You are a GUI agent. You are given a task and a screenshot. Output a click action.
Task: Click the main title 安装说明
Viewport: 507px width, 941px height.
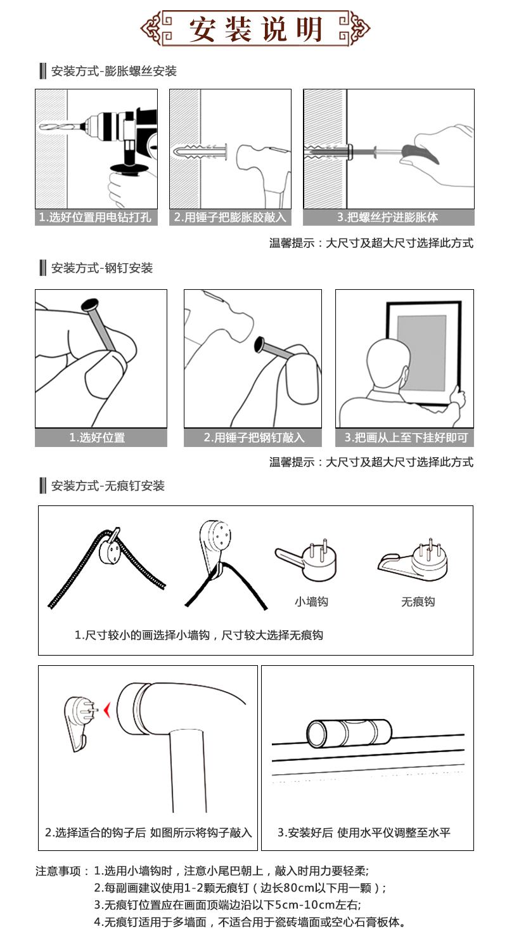click(x=255, y=29)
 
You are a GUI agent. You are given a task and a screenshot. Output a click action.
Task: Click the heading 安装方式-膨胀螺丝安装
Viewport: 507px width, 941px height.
click(x=113, y=71)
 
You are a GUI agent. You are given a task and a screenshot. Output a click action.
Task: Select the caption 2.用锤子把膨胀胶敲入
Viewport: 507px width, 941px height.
click(x=230, y=217)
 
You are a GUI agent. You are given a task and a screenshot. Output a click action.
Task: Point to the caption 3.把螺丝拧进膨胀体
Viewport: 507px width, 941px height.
click(x=388, y=217)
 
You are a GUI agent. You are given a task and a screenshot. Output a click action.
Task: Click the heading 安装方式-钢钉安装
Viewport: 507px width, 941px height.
click(x=102, y=268)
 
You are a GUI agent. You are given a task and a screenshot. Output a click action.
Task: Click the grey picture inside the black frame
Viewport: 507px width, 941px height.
click(x=421, y=353)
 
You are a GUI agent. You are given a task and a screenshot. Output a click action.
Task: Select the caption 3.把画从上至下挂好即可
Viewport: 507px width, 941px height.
click(x=406, y=438)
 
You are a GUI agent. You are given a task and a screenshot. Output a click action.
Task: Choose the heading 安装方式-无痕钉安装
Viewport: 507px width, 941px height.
click(x=108, y=486)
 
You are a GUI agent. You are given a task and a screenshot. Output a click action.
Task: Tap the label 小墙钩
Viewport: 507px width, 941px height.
click(x=311, y=602)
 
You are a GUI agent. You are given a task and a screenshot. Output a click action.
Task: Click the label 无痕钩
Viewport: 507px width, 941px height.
click(x=418, y=602)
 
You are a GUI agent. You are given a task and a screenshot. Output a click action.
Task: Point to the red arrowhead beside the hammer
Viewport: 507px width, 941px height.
click(x=107, y=710)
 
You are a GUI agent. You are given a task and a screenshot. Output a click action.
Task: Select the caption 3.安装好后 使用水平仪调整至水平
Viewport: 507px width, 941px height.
click(x=364, y=832)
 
